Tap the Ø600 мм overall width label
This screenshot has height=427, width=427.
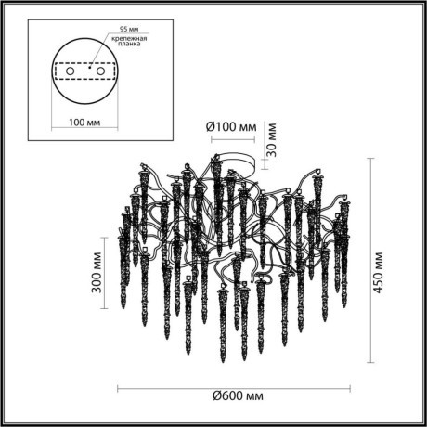click(x=242, y=396)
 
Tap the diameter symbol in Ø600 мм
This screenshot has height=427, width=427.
click(x=216, y=396)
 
